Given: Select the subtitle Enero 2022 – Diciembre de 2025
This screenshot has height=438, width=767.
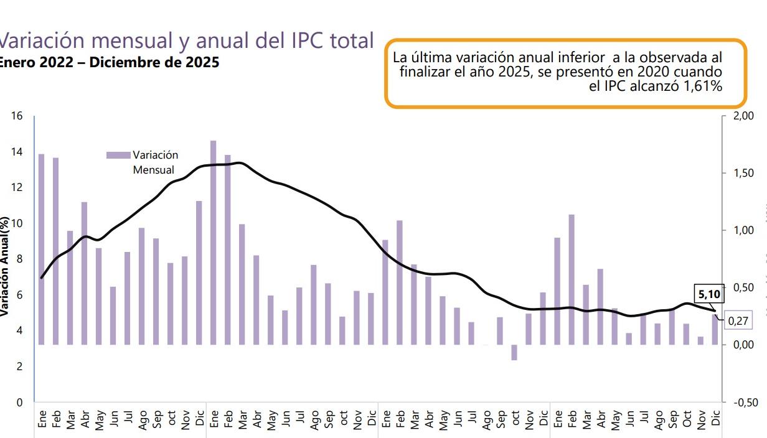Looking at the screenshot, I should pos(108,63).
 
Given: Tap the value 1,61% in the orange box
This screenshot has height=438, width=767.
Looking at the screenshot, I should pos(702,87).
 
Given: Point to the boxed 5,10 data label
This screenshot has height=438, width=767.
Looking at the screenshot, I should pos(707,294).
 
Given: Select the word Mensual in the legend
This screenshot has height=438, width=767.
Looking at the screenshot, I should pos(153,170).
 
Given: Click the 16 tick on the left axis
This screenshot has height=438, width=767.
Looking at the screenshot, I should pos(17,116).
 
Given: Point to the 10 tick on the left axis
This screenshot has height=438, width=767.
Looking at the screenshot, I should pos(17,223).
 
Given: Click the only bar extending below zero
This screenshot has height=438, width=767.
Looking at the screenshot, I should pos(514,353).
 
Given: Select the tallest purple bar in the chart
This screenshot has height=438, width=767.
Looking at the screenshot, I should pos(214,243).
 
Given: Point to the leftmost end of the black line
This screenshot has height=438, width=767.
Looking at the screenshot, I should pos(41,278).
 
